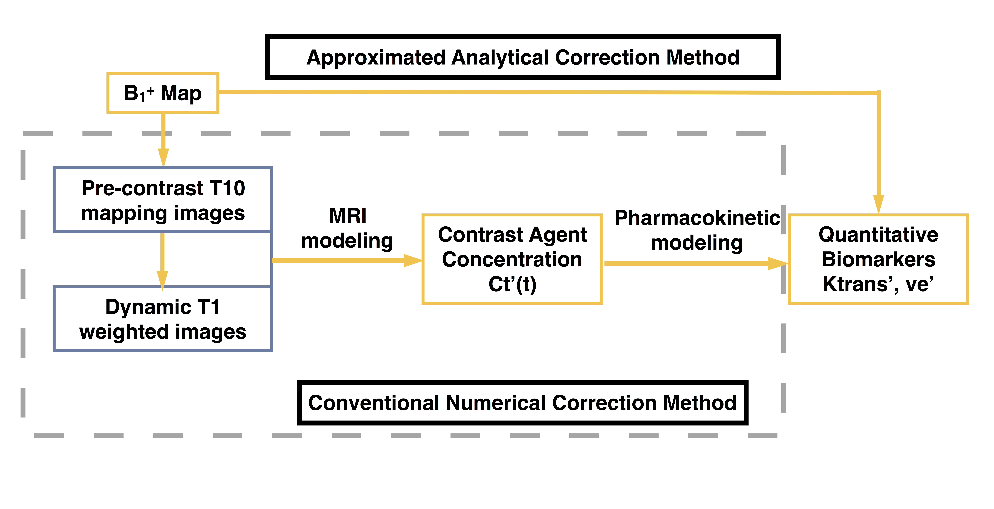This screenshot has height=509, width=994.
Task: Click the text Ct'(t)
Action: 512,285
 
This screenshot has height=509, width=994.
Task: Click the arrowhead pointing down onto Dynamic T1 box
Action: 162,280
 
